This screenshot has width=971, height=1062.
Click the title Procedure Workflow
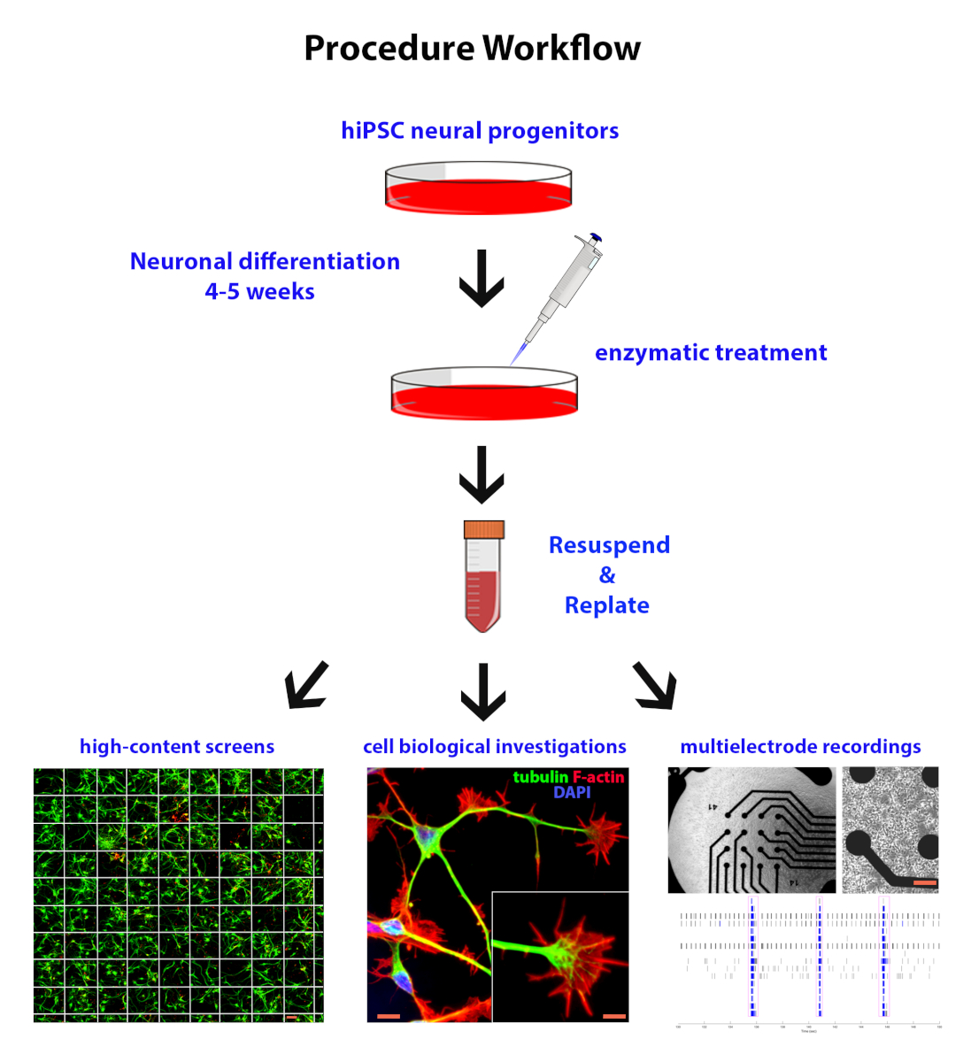tap(472, 49)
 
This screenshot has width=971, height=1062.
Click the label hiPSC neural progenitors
tap(480, 131)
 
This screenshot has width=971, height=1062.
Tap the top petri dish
tap(479, 189)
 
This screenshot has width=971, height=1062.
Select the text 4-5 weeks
tap(259, 292)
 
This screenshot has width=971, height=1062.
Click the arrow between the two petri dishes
tap(482, 278)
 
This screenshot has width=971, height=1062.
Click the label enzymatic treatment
tap(711, 353)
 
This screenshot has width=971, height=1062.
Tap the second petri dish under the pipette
tap(484, 395)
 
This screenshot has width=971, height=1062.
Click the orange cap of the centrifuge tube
tap(484, 529)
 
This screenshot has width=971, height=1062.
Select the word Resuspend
tap(609, 545)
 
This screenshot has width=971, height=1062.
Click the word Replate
tap(607, 605)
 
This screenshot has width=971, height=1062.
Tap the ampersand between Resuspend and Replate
tap(607, 575)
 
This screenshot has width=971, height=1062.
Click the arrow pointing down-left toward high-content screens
tap(306, 685)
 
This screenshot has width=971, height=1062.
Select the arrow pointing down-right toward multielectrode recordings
tap(656, 686)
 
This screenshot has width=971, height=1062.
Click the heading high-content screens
tap(177, 747)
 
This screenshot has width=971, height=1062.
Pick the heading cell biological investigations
tap(495, 747)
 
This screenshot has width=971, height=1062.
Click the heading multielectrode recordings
tap(800, 747)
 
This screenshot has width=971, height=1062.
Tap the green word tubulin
tap(540, 777)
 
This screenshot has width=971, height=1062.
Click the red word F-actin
tap(598, 777)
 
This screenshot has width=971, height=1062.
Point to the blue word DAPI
tap(572, 792)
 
